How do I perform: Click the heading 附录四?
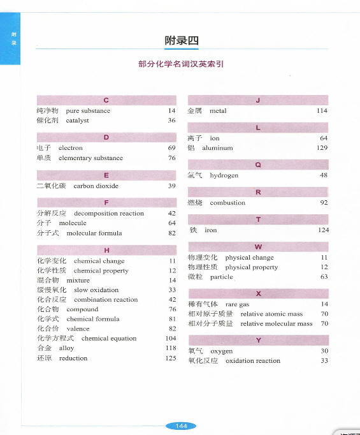pyautogui.click(x=182, y=41)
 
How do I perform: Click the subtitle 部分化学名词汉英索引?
pyautogui.click(x=181, y=64)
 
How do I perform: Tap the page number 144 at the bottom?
pyautogui.click(x=181, y=425)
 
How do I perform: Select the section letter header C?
pyautogui.click(x=106, y=100)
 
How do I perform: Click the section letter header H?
pyautogui.click(x=106, y=250)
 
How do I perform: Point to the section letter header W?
pyautogui.click(x=258, y=247)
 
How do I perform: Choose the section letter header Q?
pyautogui.click(x=258, y=165)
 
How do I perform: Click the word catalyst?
pyautogui.click(x=77, y=120)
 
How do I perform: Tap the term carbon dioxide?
pyautogui.click(x=96, y=186)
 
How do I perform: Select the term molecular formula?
pyautogui.click(x=94, y=233)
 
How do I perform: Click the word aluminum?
pyautogui.click(x=218, y=148)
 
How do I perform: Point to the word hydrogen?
pyautogui.click(x=224, y=175)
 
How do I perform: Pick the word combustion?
pyautogui.click(x=227, y=203)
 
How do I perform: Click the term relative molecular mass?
pyautogui.click(x=277, y=324)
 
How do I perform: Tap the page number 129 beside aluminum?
pyautogui.click(x=322, y=148)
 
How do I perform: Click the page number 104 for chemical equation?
pyautogui.click(x=170, y=339)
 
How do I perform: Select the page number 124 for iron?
pyautogui.click(x=322, y=230)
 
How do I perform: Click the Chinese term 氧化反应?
pyautogui.click(x=203, y=361)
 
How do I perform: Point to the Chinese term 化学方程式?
pyautogui.click(x=55, y=339)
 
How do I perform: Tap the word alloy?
pyautogui.click(x=66, y=348)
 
